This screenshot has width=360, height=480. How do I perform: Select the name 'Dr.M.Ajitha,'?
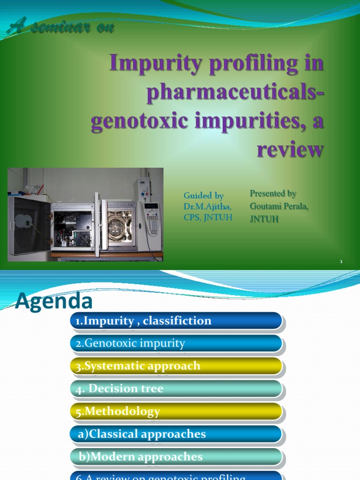207,206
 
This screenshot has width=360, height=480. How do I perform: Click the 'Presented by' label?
273,193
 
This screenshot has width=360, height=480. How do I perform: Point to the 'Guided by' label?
203,196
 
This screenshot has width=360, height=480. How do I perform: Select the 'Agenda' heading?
53,301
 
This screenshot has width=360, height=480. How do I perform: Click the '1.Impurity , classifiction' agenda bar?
176,321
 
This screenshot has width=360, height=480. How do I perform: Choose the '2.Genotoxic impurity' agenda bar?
176,344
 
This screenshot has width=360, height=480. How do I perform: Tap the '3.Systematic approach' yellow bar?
176,366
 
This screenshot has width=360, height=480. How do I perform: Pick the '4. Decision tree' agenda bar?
176,389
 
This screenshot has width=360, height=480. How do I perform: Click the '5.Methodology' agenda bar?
176,412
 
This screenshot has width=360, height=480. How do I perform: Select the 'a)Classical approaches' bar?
176,434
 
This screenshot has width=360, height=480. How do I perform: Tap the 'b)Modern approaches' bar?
176,457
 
